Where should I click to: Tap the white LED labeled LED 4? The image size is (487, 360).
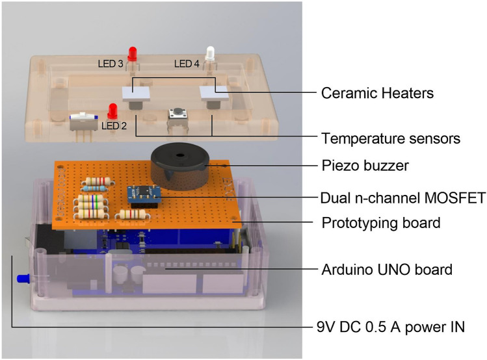(210, 54)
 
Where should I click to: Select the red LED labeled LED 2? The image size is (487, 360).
(111, 110)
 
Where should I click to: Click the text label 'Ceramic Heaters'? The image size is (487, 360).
(378, 94)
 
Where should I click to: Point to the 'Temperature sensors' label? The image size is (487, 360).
(391, 138)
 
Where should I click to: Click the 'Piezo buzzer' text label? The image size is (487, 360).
(365, 166)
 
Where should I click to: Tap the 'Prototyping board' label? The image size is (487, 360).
(381, 223)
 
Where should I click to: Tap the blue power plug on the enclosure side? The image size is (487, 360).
(24, 280)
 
